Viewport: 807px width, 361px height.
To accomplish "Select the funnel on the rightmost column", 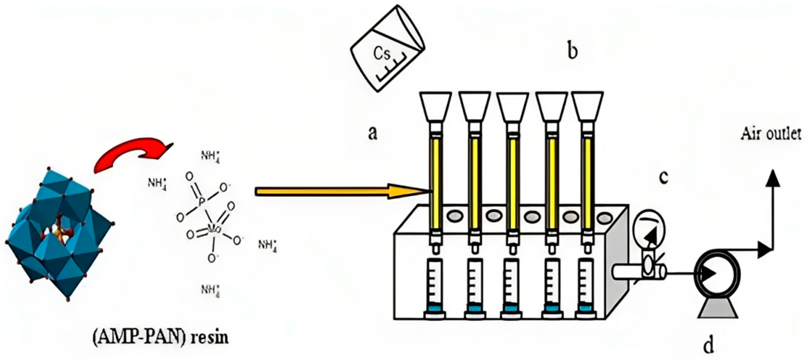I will tap(587, 106).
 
